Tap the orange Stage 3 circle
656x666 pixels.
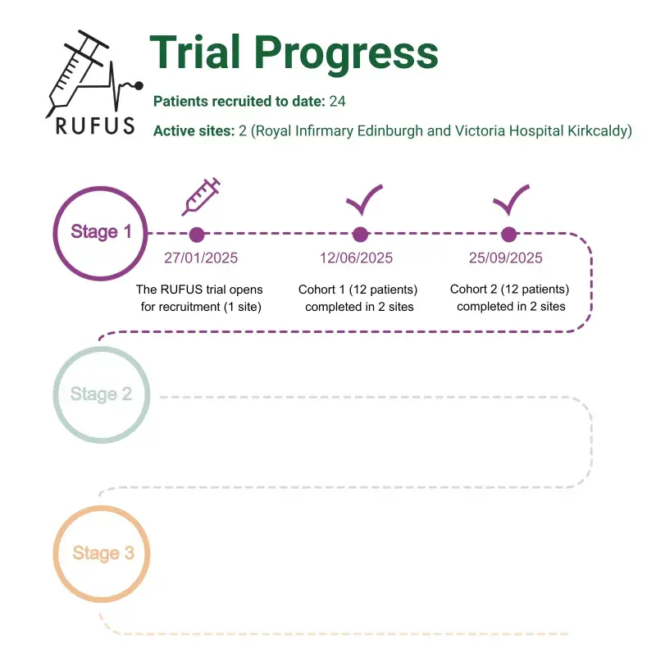(102, 553)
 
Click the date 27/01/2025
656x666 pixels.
(201, 258)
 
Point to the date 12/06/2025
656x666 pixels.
(356, 258)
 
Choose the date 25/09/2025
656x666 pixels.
(505, 258)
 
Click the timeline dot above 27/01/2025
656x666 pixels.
(197, 235)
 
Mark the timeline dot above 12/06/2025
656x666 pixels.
(359, 235)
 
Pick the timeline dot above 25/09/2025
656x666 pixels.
(508, 235)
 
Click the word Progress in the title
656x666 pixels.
(345, 53)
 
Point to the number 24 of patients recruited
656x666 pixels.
(337, 102)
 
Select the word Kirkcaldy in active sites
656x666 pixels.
(599, 131)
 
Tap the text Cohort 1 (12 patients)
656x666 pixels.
(358, 290)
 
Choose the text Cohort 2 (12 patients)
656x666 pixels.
(509, 290)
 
